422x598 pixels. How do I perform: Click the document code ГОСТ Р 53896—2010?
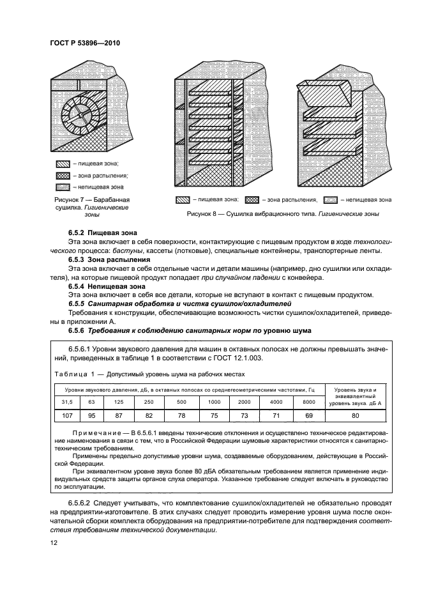click(x=84, y=43)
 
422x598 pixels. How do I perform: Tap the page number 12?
click(x=54, y=542)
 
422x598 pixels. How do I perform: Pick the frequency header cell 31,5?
click(x=67, y=401)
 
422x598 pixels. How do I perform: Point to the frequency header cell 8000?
click(x=308, y=401)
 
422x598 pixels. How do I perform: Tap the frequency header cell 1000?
click(x=215, y=401)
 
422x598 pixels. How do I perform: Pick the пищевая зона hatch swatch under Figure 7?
click(x=63, y=164)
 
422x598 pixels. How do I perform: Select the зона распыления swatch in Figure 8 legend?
click(x=253, y=201)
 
